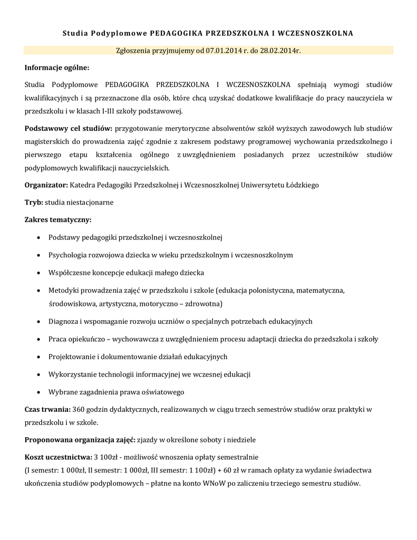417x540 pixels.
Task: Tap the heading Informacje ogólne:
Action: coord(57,67)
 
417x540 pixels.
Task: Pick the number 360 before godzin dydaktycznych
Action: coord(79,409)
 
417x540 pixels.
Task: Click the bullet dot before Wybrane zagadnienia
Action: coord(39,393)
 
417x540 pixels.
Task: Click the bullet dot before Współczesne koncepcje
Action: coord(39,273)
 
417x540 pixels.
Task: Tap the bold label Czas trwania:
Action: coord(47,409)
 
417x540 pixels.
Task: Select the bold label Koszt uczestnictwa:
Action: coord(57,456)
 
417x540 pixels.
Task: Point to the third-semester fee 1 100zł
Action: coord(199,470)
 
